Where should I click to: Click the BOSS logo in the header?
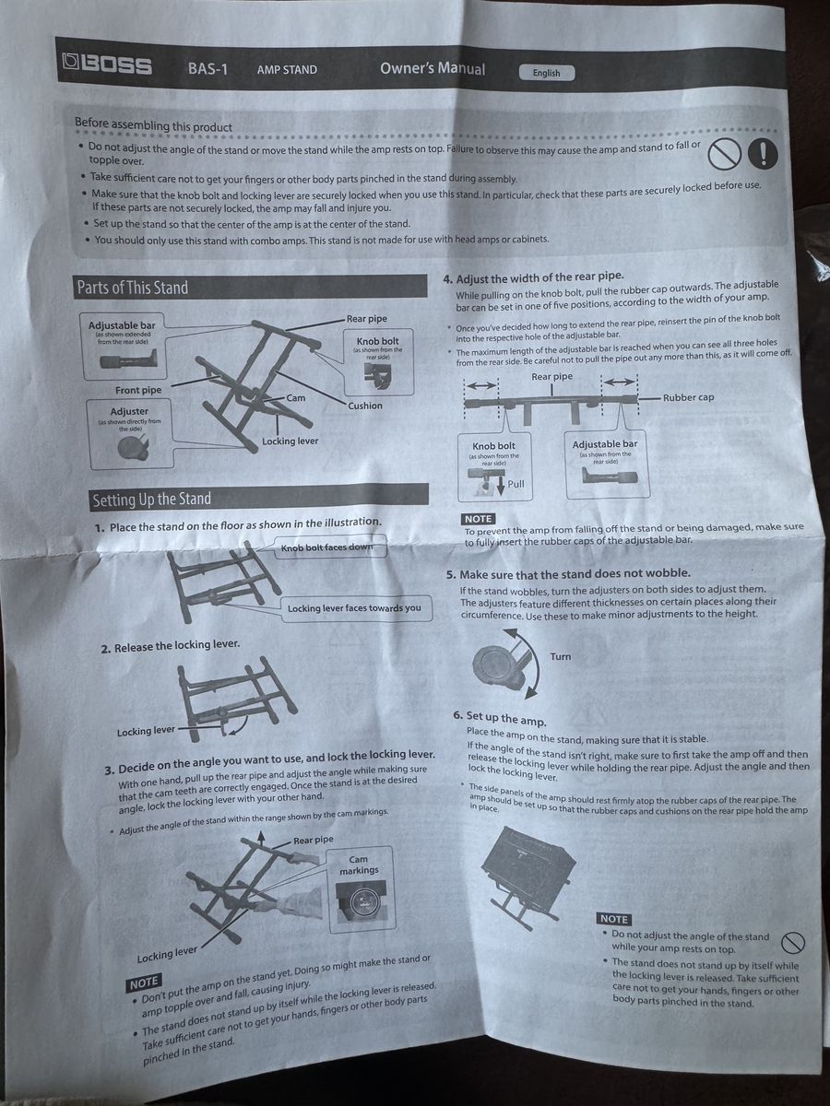click(x=107, y=64)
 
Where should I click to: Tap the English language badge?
click(x=547, y=73)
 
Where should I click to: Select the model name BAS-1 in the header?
click(x=207, y=68)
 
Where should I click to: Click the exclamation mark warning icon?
click(x=763, y=153)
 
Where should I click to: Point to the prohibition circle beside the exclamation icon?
click(x=724, y=153)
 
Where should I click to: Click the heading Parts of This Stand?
click(x=133, y=288)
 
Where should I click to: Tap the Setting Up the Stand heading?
click(x=151, y=500)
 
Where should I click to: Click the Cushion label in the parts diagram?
click(x=365, y=406)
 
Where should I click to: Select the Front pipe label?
click(x=138, y=390)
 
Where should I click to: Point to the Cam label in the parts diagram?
click(x=296, y=397)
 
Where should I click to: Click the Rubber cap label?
click(x=688, y=397)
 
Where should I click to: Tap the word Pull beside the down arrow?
click(x=516, y=484)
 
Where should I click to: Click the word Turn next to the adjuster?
click(x=561, y=656)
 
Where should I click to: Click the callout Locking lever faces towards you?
click(x=354, y=608)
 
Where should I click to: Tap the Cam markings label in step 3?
click(x=359, y=865)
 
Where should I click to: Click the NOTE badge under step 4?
click(x=478, y=519)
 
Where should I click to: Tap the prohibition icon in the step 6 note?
click(x=792, y=941)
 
